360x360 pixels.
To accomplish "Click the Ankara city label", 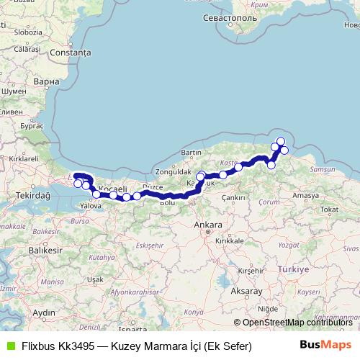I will click(208, 226).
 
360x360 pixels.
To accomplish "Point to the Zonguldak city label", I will click(171, 173).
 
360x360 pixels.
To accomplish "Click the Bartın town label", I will click(191, 153).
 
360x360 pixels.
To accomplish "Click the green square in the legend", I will click(9, 346).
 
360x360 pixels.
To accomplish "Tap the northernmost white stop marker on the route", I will click(280, 141).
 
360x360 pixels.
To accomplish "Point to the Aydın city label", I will click(44, 312).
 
